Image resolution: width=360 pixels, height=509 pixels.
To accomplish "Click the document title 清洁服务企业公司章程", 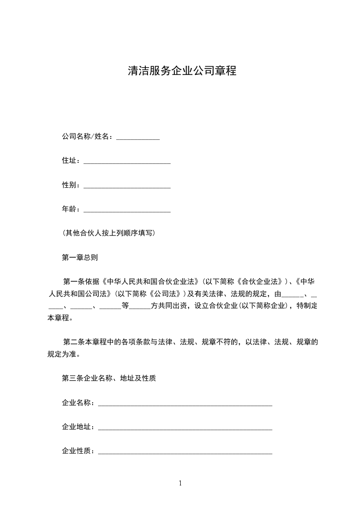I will pos(182,71).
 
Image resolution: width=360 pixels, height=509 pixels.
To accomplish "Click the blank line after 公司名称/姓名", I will pos(138,137).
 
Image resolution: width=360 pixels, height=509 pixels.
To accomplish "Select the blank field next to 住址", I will pos(127,161).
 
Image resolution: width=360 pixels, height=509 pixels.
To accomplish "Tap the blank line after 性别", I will pos(127,185).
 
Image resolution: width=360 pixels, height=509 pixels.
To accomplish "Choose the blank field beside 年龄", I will pos(127,210).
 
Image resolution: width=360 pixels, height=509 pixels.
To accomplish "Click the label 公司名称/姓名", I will pos(86,137).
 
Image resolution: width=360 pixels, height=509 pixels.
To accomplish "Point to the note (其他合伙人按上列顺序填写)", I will pos(109,233).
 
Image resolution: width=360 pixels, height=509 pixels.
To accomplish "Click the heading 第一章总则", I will pos(79,257).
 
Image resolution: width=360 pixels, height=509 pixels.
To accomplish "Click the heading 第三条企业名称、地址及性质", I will pos(109,378).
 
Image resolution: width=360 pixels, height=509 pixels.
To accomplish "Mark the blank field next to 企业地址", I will pos(185,427).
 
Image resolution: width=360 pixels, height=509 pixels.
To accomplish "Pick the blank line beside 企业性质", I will pos(185,452).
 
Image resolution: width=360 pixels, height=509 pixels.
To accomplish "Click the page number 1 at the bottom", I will pos(180,483).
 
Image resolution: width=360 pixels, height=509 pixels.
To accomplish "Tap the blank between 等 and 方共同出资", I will pos(140,306).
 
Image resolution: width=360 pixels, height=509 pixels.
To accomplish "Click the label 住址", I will pos(70,161).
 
